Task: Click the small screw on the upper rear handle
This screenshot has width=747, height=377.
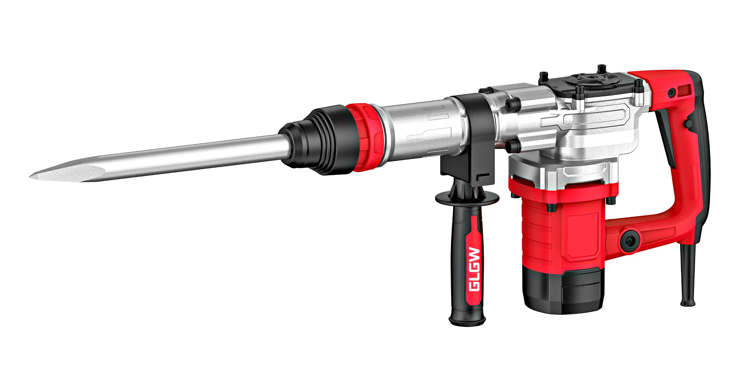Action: (671, 93)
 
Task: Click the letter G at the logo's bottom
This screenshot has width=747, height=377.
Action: (475, 286)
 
